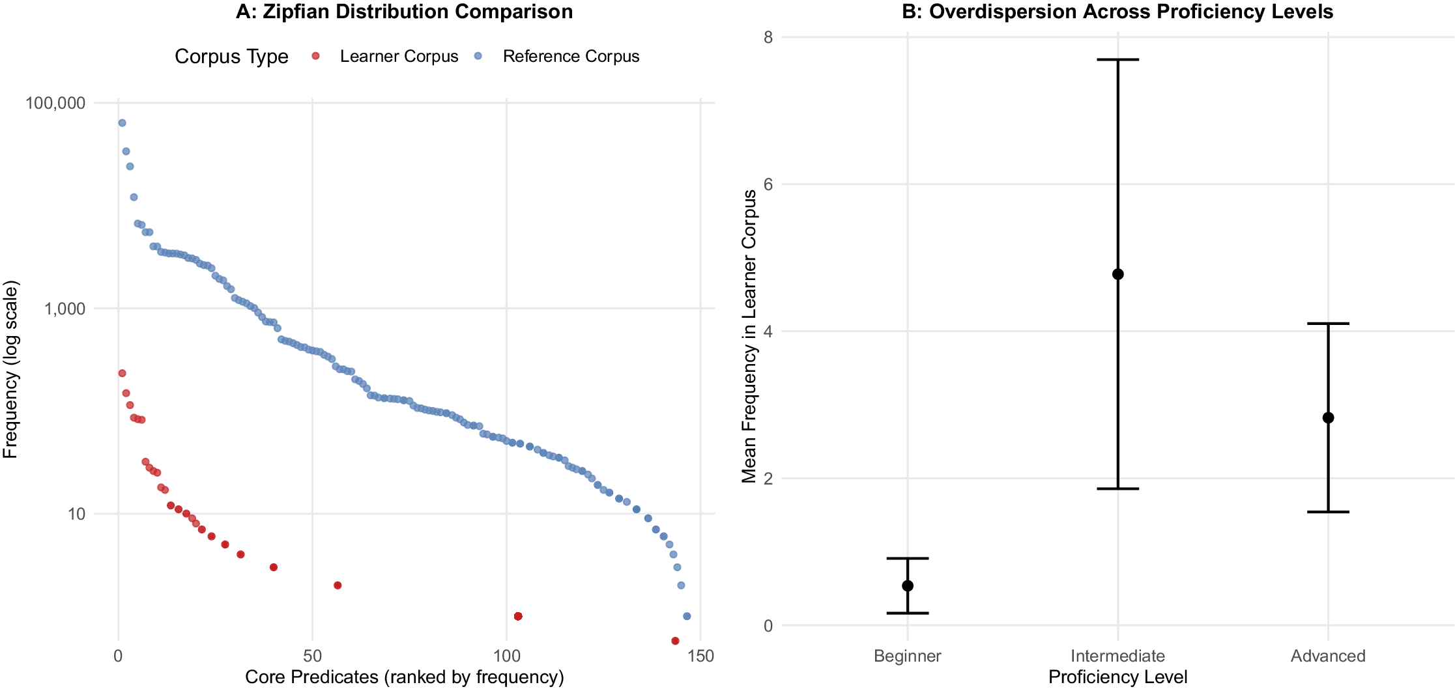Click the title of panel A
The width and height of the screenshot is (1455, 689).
pos(404,12)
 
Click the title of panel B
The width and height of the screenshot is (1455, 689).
pos(1117,12)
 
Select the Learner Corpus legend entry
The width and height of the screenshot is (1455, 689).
pos(399,57)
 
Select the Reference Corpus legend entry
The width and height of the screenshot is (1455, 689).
pos(571,57)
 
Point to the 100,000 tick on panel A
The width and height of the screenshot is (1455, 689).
pos(55,103)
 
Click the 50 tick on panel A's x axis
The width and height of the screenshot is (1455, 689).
pos(312,656)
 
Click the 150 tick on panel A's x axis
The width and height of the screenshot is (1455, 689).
pos(700,656)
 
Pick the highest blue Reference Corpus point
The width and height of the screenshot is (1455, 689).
pos(122,123)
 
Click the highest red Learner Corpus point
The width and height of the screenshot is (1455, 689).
pos(122,373)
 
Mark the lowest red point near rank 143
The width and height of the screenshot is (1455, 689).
pos(675,641)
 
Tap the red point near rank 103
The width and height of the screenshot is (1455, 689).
pos(518,616)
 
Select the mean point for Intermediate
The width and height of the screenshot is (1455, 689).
pos(1117,274)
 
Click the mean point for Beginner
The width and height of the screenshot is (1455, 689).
pos(908,585)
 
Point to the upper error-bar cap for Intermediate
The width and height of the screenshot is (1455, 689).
pos(1117,60)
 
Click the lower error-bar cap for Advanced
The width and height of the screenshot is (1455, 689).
pos(1328,512)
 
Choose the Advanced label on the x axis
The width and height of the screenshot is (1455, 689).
pos(1328,656)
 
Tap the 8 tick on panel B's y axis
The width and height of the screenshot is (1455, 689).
pos(768,37)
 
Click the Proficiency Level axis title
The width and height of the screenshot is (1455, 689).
pos(1117,677)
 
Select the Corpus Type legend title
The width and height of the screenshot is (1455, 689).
pos(231,57)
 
